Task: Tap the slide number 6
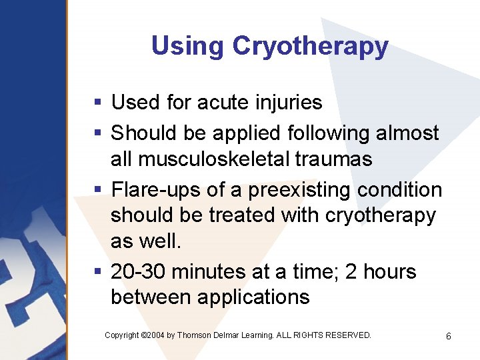coord(449,336)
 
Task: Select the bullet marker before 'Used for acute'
coord(97,103)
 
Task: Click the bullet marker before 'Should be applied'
coord(97,133)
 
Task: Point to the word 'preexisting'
coord(299,191)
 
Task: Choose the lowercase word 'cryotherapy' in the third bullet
coord(380,216)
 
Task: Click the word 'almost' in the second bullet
coord(407,133)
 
